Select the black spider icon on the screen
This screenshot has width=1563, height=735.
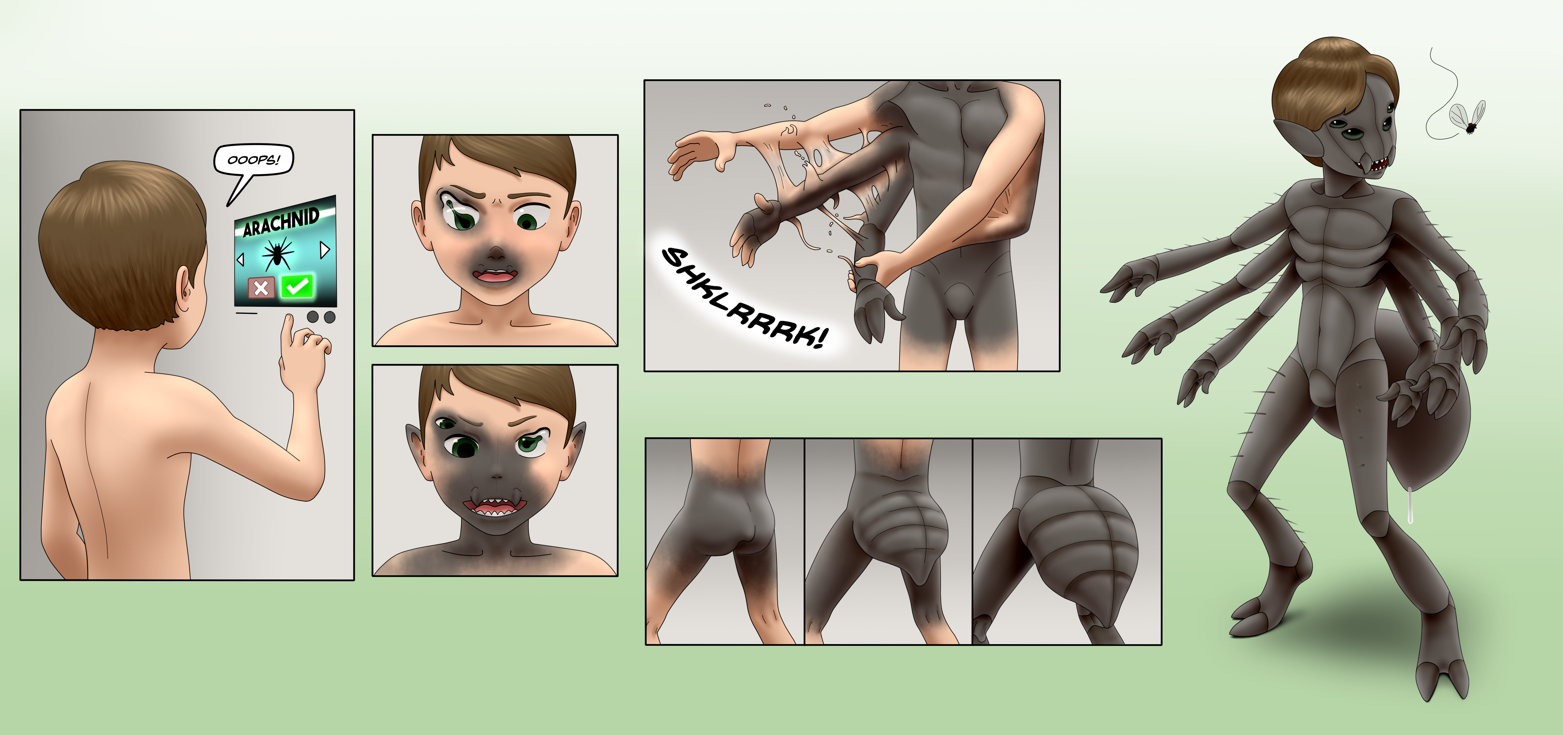click(x=278, y=254)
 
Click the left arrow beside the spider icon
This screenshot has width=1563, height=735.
click(x=240, y=260)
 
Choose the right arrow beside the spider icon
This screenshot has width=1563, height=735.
click(x=325, y=249)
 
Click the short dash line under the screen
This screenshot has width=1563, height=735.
click(x=246, y=313)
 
